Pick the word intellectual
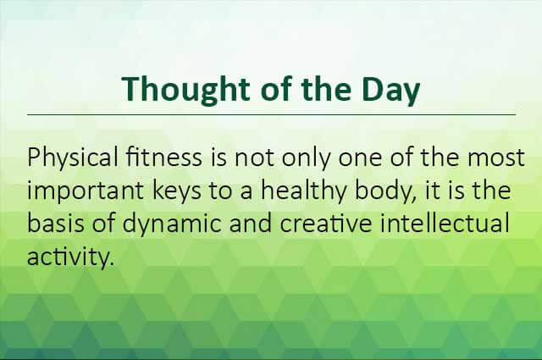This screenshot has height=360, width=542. (x=445, y=224)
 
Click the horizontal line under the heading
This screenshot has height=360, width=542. (x=271, y=114)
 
